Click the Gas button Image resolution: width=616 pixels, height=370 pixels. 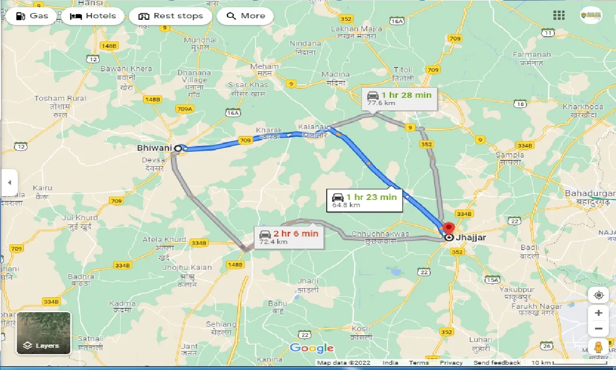[x=32, y=16]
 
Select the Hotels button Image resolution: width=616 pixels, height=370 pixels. [x=93, y=16]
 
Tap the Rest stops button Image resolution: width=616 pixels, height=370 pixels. [x=171, y=16]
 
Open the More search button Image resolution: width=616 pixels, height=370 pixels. [x=245, y=16]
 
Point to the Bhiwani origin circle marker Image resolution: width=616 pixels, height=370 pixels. [x=178, y=148]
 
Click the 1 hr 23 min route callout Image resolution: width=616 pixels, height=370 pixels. [x=365, y=199]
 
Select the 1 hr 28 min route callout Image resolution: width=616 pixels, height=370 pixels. [x=399, y=98]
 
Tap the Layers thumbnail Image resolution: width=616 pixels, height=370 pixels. [x=44, y=333]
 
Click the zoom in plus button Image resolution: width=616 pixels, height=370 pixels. [x=598, y=313]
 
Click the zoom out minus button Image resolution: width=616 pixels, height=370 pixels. [x=598, y=329]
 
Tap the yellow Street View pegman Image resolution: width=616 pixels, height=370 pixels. [x=598, y=347]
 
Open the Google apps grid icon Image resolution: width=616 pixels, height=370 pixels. [x=559, y=15]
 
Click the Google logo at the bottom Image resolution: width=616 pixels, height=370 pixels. [x=311, y=348]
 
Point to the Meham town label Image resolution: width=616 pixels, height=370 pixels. [x=265, y=67]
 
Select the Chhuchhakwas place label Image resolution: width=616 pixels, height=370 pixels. [x=380, y=235]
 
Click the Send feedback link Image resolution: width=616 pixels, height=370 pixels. [x=497, y=363]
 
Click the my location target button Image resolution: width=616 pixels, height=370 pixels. [x=598, y=295]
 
